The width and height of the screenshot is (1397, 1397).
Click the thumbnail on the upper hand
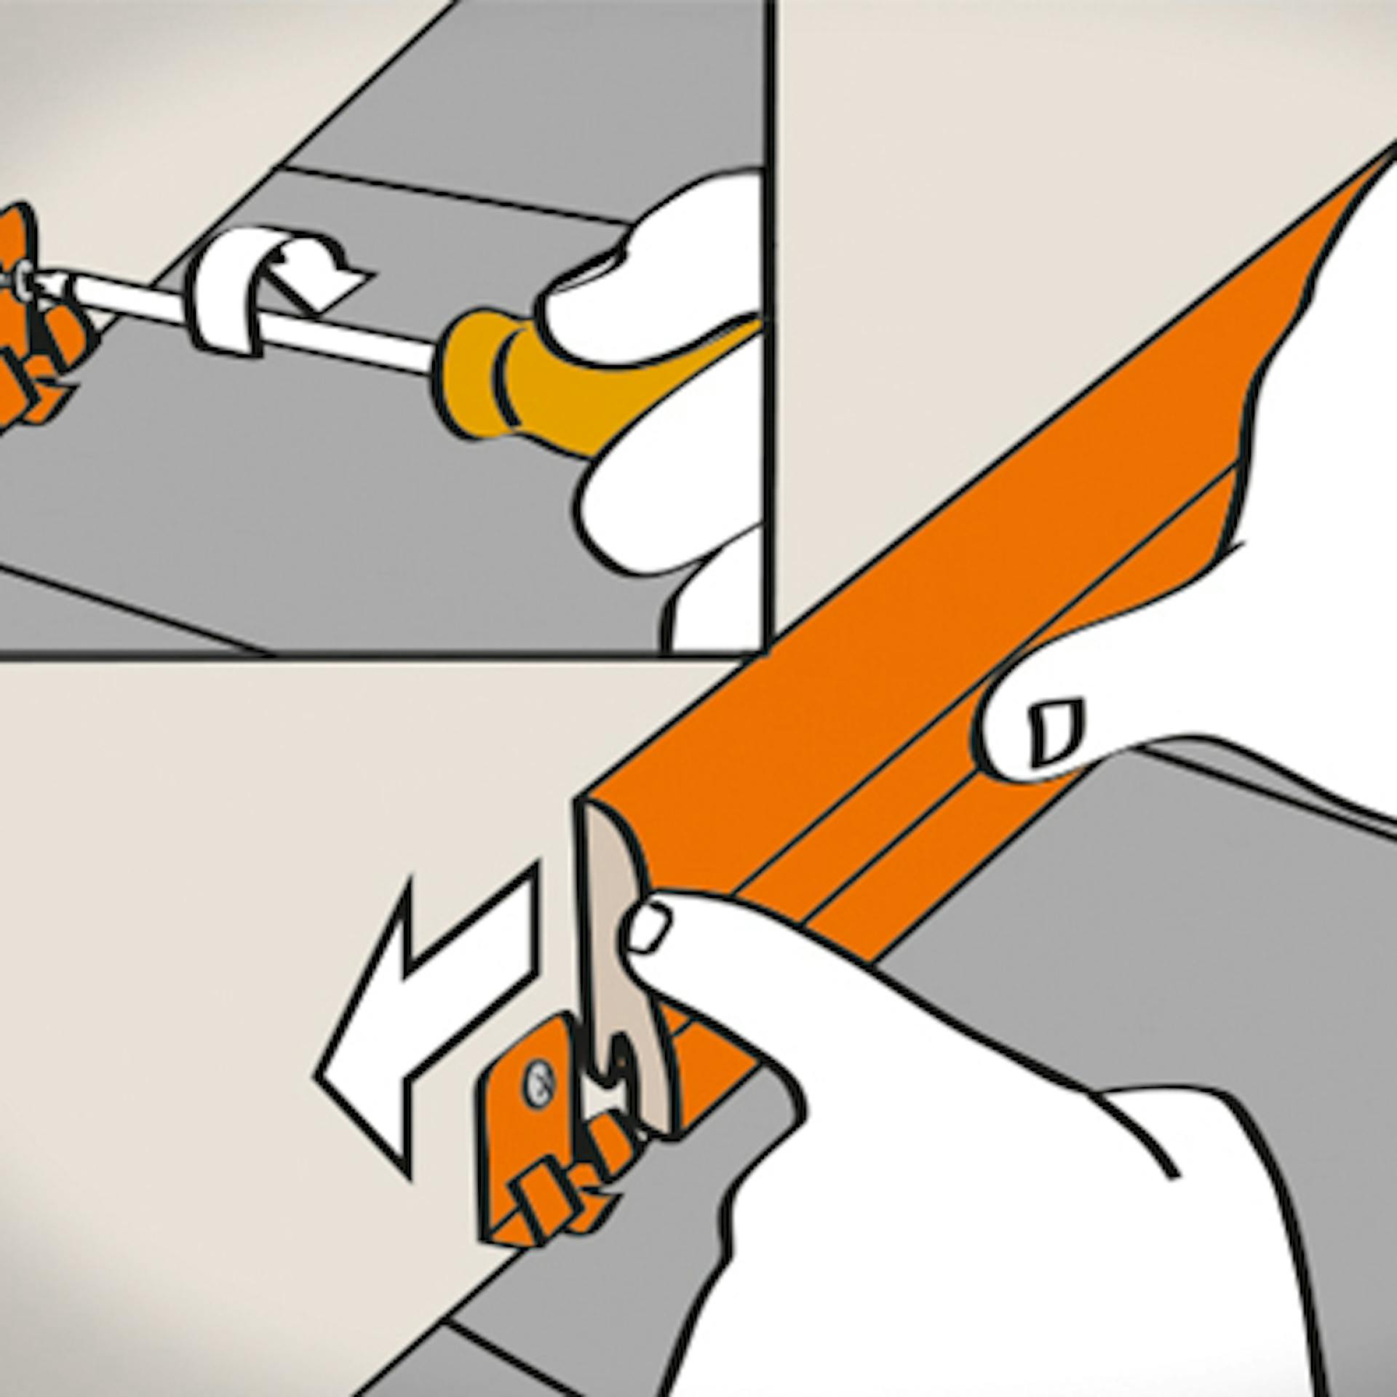pyautogui.click(x=1055, y=731)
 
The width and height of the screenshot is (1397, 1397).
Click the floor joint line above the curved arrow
pyautogui.click(x=451, y=193)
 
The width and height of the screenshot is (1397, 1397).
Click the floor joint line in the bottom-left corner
pyautogui.click(x=131, y=611)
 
